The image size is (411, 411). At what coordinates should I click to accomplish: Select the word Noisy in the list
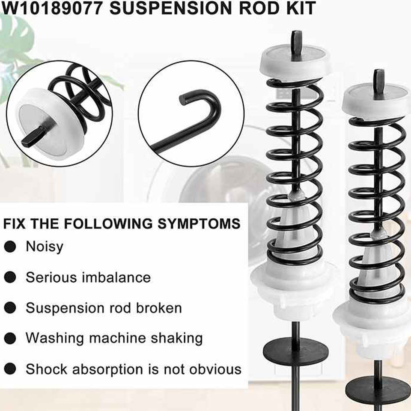(44, 247)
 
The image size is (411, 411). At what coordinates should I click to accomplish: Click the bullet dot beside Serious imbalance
(10, 277)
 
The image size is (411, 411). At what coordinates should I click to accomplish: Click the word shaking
(176, 338)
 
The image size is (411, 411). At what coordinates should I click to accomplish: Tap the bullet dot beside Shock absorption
(10, 369)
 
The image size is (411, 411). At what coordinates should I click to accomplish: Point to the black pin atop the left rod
(295, 41)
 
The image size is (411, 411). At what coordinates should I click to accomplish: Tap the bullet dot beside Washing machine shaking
(10, 338)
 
